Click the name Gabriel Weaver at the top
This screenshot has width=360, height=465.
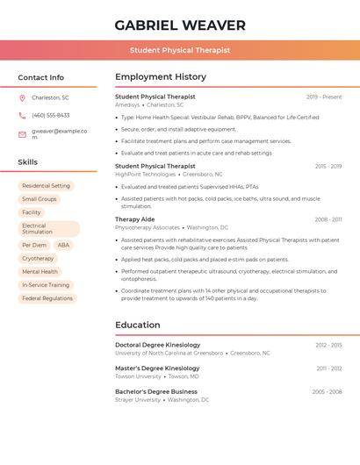tap(180, 25)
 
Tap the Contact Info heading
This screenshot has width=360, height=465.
tap(41, 77)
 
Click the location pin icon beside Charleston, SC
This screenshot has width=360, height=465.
tap(22, 97)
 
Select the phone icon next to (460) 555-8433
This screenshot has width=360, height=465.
tap(22, 116)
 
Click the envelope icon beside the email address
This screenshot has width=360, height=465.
tap(22, 134)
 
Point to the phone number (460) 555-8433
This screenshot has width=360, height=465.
tap(51, 116)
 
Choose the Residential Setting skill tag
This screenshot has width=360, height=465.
tap(46, 186)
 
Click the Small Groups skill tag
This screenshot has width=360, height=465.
tap(40, 199)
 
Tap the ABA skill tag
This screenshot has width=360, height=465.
tap(63, 246)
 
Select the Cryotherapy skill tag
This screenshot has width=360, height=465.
tap(38, 259)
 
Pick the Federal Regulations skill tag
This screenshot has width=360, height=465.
tap(47, 298)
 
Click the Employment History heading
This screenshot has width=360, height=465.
tap(161, 77)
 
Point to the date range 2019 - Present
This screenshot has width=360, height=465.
tap(324, 97)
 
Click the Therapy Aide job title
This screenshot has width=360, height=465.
tap(134, 219)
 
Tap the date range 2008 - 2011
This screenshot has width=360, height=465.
tap(328, 219)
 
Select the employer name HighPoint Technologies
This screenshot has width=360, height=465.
tap(146, 175)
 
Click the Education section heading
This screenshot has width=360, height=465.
tap(138, 325)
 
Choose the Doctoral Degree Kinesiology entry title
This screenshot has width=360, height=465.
tap(157, 345)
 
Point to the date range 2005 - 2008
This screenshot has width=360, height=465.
tap(327, 391)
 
